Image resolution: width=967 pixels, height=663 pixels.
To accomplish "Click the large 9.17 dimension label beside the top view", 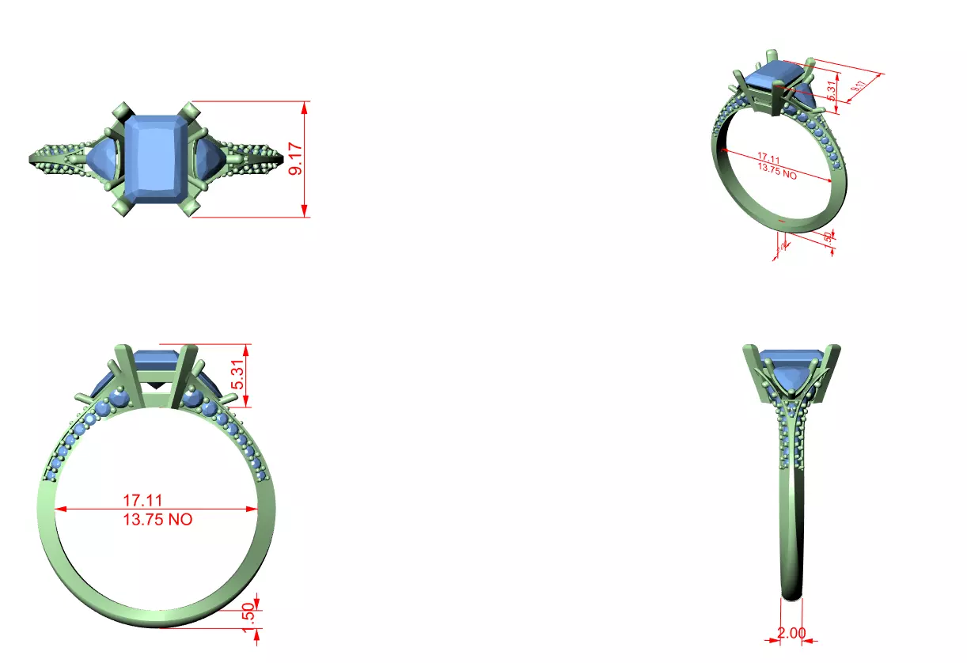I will (x=296, y=159).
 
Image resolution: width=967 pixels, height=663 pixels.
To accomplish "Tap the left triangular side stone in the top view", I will (x=102, y=157).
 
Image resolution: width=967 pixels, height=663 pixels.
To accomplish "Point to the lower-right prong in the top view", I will (x=190, y=207).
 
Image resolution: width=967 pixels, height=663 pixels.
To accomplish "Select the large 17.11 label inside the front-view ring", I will (x=142, y=501).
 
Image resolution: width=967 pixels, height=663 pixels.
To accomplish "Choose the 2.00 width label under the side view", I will (x=791, y=633).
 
